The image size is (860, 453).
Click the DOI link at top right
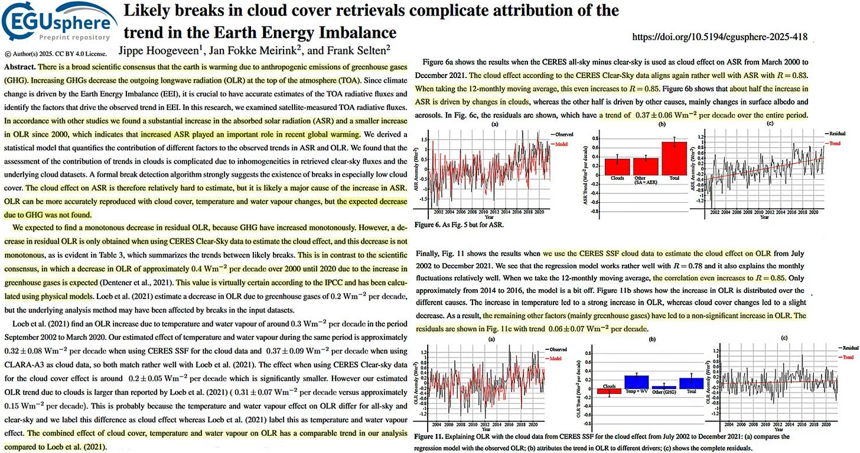(719, 37)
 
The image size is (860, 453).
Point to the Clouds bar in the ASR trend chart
(617, 167)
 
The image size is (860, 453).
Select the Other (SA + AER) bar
(645, 166)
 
